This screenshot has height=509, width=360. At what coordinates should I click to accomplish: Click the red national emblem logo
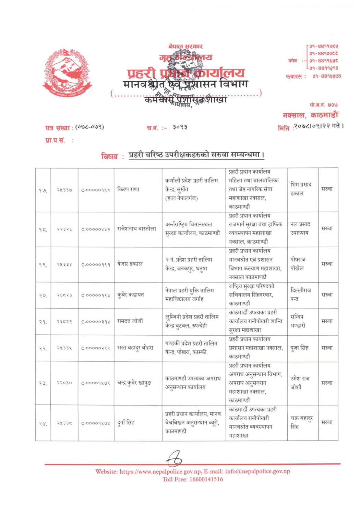(x=67, y=72)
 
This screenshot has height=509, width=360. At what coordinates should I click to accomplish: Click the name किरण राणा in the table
(x=128, y=189)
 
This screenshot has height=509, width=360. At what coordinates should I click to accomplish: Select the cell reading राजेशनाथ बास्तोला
(x=136, y=228)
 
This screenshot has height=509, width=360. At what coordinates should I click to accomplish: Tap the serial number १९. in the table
(x=43, y=264)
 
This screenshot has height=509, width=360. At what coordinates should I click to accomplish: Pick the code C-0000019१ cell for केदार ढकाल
(x=96, y=264)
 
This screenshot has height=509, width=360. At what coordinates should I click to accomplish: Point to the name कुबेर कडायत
(x=131, y=295)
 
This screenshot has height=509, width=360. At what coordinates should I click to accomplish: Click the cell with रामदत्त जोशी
(x=130, y=321)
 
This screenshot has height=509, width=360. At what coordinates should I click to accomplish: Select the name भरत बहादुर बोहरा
(x=135, y=348)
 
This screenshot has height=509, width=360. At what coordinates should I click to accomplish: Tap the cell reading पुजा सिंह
(x=299, y=348)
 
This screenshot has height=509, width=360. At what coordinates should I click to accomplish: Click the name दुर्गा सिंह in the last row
(x=126, y=422)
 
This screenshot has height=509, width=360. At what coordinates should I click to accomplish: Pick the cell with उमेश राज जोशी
(x=300, y=383)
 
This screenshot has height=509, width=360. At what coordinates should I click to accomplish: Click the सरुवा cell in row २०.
(x=327, y=295)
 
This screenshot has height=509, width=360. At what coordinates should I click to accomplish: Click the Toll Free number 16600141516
(x=206, y=479)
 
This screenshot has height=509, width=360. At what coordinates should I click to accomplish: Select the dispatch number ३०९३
(x=180, y=127)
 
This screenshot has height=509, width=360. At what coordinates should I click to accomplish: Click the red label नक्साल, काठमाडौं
(x=310, y=115)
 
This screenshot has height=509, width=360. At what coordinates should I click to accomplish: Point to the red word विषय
(x=109, y=156)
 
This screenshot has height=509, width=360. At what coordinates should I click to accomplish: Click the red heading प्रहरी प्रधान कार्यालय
(x=186, y=73)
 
